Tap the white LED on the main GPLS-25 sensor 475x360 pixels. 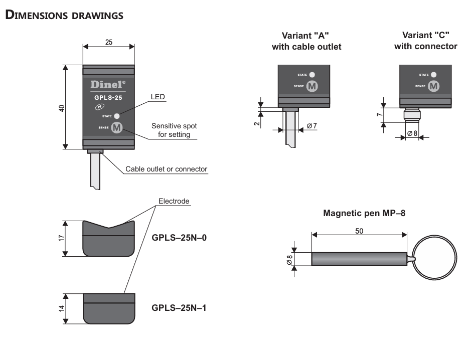117,116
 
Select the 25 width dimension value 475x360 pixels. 109,42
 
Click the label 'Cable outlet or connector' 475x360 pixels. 166,169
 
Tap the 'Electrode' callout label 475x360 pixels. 174,202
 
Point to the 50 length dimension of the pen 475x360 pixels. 359,231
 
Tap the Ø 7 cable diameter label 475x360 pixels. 311,126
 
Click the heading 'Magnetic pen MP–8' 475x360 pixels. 364,213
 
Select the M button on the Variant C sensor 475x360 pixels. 433,86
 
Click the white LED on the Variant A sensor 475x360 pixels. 312,74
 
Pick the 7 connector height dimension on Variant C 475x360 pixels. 380,115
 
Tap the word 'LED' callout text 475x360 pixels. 158,97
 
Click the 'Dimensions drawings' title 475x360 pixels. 64,15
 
